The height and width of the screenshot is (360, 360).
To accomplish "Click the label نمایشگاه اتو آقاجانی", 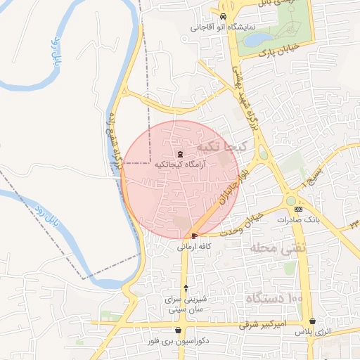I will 224,27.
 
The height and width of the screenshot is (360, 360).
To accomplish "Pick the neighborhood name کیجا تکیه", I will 221,148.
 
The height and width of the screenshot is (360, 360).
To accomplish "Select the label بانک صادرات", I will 299,219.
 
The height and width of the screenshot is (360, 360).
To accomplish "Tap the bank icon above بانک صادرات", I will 299,209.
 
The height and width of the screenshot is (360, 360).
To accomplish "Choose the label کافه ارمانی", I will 193,247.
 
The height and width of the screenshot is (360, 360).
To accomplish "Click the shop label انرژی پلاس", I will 311,330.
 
